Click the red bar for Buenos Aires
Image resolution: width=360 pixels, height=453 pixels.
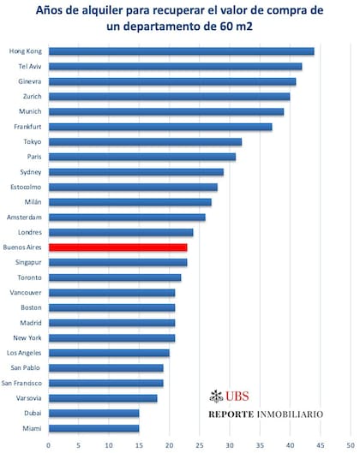pos(118,247)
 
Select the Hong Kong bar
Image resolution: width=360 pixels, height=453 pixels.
pos(182,51)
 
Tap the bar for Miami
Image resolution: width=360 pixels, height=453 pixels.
pos(94,428)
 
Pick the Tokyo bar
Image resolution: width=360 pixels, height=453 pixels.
pos(145,142)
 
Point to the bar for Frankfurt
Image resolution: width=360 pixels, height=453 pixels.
pos(160,127)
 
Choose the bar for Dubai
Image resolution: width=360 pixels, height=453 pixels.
pos(94,414)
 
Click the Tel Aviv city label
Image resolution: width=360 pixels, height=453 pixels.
pos(30,67)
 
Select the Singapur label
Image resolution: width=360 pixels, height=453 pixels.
pos(28,263)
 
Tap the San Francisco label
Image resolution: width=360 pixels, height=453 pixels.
pos(21,383)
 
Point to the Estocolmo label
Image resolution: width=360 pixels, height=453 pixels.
pos(26,188)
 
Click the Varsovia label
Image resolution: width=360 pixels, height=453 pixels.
pos(28,398)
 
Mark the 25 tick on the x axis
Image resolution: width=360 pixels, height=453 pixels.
pos(200,445)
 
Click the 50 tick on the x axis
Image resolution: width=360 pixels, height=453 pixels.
pos(351,445)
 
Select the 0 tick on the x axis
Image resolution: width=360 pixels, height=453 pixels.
pos(48,445)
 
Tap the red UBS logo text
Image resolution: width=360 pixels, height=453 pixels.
pos(237,396)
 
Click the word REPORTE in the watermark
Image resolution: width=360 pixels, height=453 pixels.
pos(231,414)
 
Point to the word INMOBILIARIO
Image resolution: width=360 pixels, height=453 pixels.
pos(290,414)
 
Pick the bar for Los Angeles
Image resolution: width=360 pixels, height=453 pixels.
pos(109,353)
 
